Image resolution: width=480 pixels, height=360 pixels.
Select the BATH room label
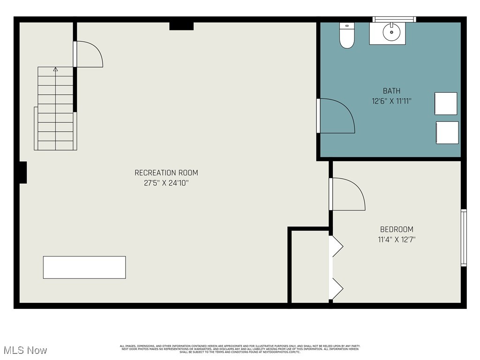pyautogui.click(x=391, y=91)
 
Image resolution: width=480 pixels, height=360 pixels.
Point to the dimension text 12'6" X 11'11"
pyautogui.click(x=391, y=101)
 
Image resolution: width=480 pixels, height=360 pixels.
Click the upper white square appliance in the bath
pyautogui.click(x=445, y=104)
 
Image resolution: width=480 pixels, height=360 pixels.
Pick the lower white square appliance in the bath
pyautogui.click(x=447, y=133)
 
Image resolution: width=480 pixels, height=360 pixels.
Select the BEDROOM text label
pyautogui.click(x=397, y=229)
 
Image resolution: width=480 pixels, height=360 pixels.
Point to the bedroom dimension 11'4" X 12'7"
pyautogui.click(x=397, y=240)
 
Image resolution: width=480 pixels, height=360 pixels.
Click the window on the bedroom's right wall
pyautogui.click(x=464, y=237)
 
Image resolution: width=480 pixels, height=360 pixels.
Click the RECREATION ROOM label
pyautogui.click(x=166, y=172)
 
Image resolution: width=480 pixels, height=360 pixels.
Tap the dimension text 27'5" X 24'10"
pyautogui.click(x=166, y=183)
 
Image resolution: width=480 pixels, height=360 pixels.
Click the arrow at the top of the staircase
pyautogui.click(x=55, y=70)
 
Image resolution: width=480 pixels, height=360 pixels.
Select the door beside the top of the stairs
pyautogui.click(x=89, y=54)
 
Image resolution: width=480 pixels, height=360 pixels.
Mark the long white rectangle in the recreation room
pyautogui.click(x=84, y=267)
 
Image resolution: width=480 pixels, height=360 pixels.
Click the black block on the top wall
pyautogui.click(x=181, y=25)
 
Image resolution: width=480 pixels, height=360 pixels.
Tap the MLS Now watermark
pyautogui.click(x=25, y=350)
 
